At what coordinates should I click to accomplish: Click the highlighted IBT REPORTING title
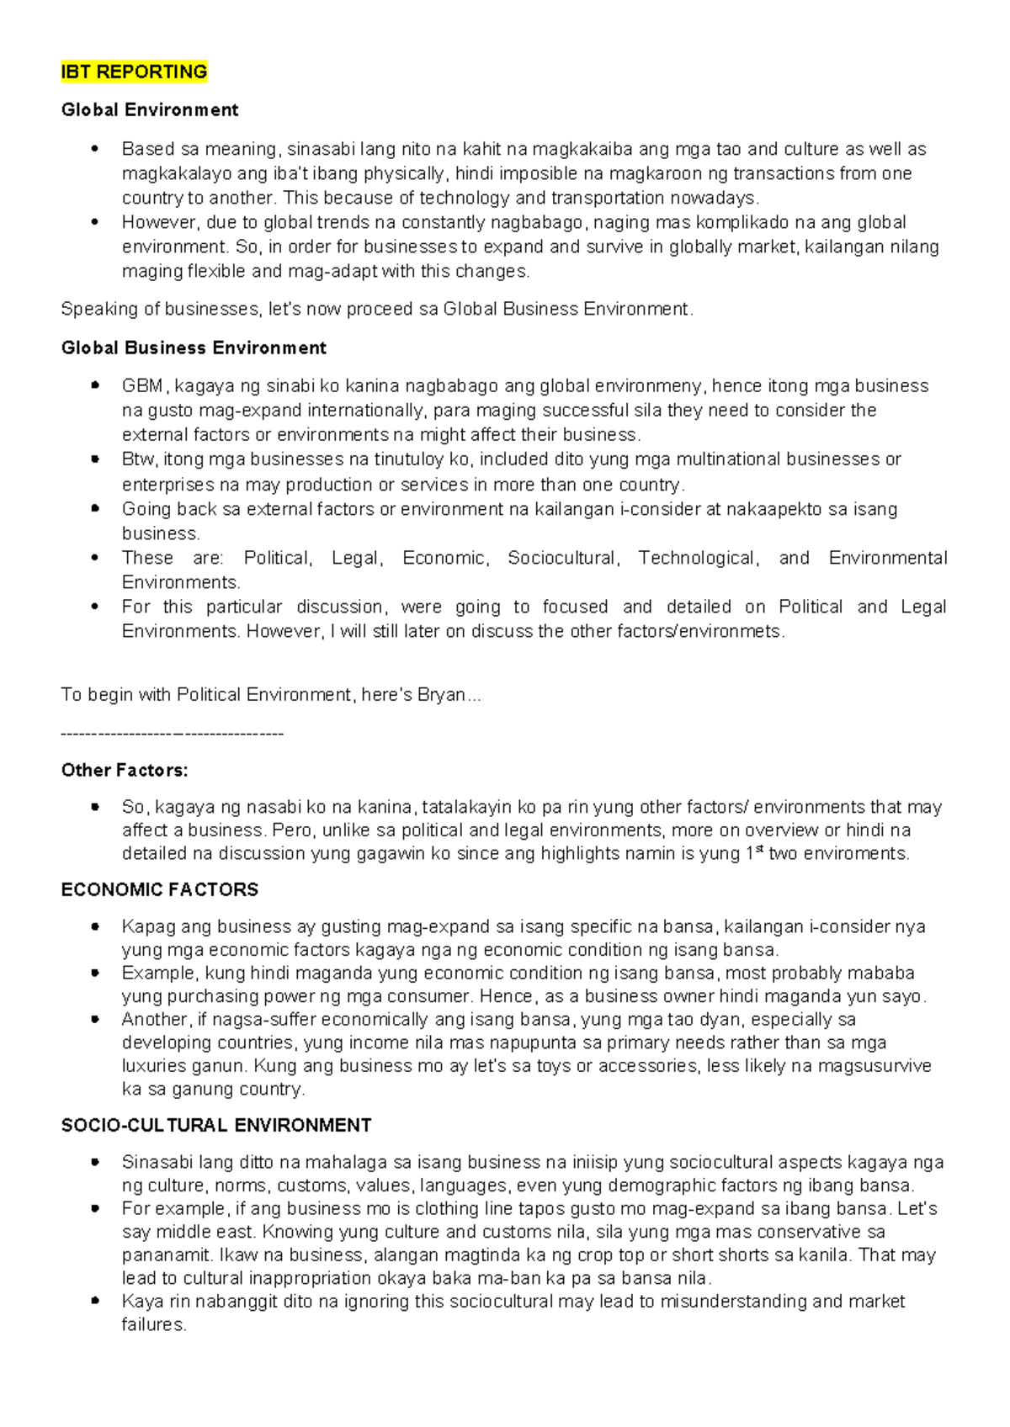pyautogui.click(x=134, y=72)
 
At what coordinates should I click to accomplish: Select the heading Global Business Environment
pyautogui.click(x=194, y=348)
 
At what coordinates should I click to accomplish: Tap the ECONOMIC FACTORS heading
pyautogui.click(x=159, y=890)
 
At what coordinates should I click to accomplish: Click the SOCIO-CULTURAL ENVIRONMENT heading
pyautogui.click(x=216, y=1126)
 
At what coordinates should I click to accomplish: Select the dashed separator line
pyautogui.click(x=172, y=735)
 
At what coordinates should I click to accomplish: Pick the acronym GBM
pyautogui.click(x=143, y=386)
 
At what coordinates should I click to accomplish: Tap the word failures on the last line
pyautogui.click(x=153, y=1325)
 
